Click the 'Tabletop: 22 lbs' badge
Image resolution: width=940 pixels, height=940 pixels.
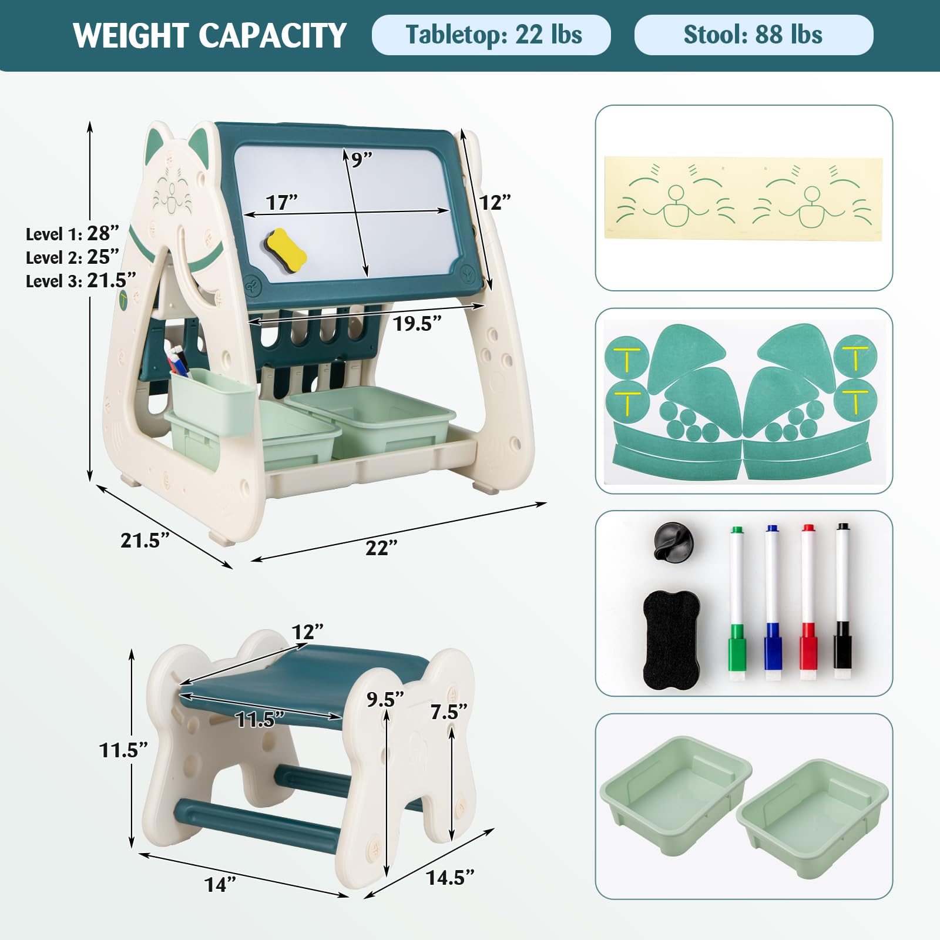click(x=491, y=35)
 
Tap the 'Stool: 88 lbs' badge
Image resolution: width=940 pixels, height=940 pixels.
click(x=753, y=35)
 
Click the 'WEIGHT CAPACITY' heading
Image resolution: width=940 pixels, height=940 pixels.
click(x=210, y=36)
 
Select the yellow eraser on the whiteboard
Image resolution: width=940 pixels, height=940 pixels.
click(x=286, y=251)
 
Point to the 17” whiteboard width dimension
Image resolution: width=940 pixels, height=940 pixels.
click(x=281, y=202)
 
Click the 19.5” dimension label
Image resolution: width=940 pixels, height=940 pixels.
click(x=417, y=323)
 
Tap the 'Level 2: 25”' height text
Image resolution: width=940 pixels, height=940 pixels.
click(x=72, y=257)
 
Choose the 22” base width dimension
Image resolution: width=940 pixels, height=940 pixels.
click(x=381, y=548)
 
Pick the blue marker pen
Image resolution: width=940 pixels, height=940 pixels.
click(x=773, y=603)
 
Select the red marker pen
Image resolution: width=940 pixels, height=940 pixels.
click(x=808, y=603)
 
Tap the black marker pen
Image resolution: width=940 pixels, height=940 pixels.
click(x=843, y=602)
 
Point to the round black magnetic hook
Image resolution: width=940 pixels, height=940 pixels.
click(x=673, y=542)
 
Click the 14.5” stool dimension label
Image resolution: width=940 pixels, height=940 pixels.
click(x=450, y=878)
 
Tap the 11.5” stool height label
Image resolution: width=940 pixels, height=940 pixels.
click(x=123, y=750)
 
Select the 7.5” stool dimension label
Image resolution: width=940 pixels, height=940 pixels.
click(x=449, y=712)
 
